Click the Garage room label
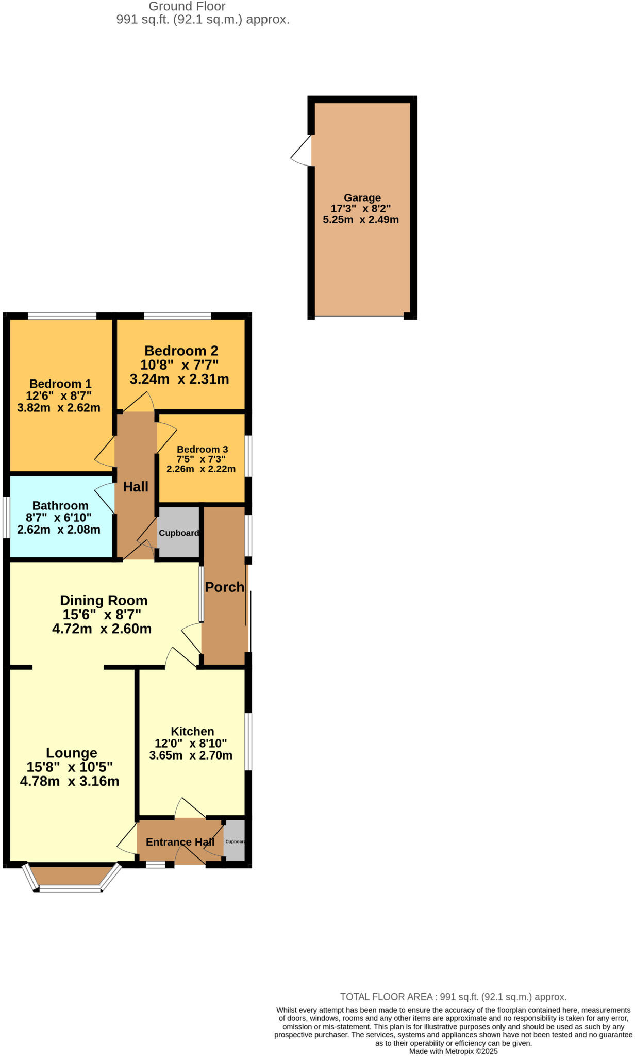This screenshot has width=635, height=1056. pyautogui.click(x=362, y=198)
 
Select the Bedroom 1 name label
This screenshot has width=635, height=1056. pyautogui.click(x=60, y=384)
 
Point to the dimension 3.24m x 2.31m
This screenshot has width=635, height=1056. pyautogui.click(x=179, y=379)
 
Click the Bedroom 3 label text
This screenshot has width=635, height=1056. pyautogui.click(x=202, y=449)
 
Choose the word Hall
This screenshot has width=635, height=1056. pyautogui.click(x=136, y=487)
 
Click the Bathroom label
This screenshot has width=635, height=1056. pyautogui.click(x=60, y=506)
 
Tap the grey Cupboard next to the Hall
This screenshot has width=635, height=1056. pyautogui.click(x=178, y=533)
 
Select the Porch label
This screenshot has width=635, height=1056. pyautogui.click(x=225, y=587)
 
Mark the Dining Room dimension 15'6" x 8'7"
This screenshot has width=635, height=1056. pyautogui.click(x=102, y=615)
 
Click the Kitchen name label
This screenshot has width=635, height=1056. pyautogui.click(x=192, y=731)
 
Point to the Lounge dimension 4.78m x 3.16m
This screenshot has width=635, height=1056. pyautogui.click(x=70, y=781)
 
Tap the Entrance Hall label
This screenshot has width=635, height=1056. pyautogui.click(x=180, y=842)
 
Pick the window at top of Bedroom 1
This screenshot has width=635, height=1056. pyautogui.click(x=62, y=316)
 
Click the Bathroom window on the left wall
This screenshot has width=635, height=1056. pyautogui.click(x=6, y=517)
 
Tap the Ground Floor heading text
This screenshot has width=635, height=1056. pyautogui.click(x=187, y=7)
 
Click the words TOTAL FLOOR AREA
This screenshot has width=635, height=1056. pyautogui.click(x=386, y=997)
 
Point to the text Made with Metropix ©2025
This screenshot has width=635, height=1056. pyautogui.click(x=454, y=1051)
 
